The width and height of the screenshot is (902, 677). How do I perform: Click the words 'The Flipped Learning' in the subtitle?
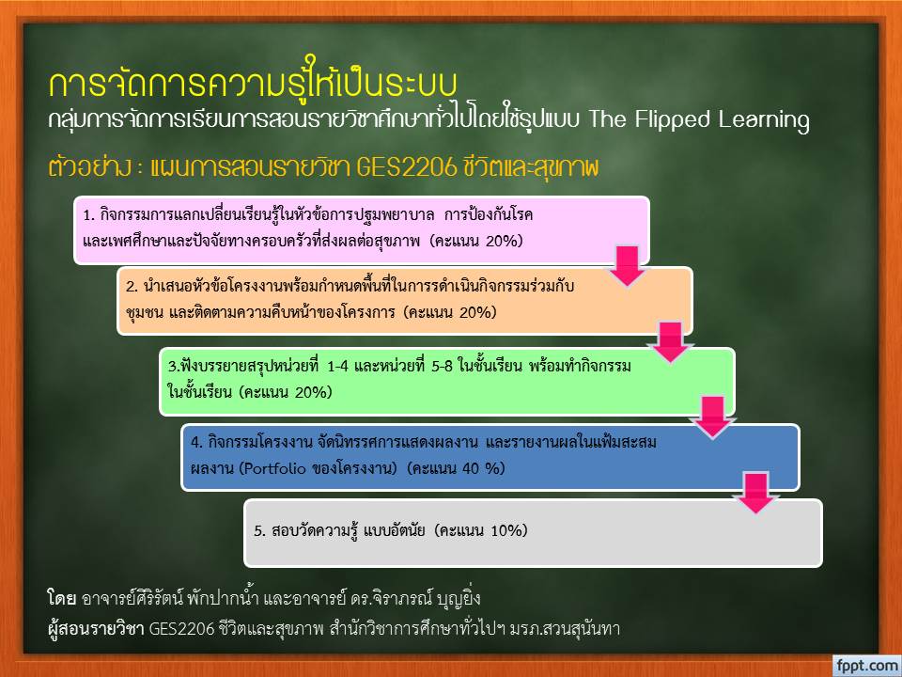click(x=699, y=119)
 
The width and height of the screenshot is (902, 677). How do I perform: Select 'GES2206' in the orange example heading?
click(x=406, y=167)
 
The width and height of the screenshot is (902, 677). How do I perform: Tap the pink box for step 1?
click(x=362, y=230)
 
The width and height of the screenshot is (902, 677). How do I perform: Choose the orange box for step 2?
click(x=404, y=301)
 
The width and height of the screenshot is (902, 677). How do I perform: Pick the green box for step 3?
click(x=447, y=381)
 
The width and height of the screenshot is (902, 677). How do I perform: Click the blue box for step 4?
click(x=490, y=457)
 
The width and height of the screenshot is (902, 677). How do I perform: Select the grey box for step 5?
click(x=534, y=533)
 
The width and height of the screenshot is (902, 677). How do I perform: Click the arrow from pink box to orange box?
click(x=627, y=266)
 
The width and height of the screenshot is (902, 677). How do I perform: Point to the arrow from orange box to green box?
click(x=670, y=342)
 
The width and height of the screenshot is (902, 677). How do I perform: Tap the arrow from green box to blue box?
click(x=713, y=417)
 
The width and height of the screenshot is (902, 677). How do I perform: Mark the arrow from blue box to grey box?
click(x=755, y=493)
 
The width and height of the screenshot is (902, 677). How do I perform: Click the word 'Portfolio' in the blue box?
click(x=274, y=468)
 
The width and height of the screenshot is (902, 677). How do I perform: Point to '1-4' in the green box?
click(x=337, y=366)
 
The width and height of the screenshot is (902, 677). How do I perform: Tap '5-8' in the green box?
click(x=443, y=366)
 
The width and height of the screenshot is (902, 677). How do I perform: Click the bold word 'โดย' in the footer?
click(x=62, y=599)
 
